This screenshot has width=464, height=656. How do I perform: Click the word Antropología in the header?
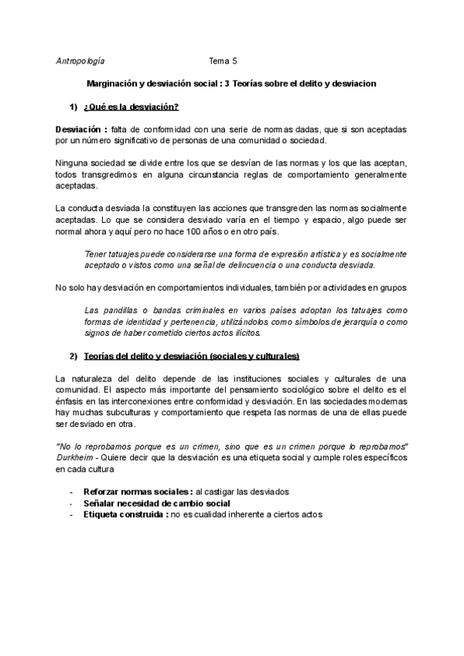81,60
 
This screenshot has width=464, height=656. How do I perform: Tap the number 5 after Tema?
234,60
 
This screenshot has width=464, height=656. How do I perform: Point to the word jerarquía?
343,322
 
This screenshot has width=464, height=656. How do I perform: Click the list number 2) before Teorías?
73,356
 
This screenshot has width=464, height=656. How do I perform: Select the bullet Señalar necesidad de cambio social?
151,503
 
